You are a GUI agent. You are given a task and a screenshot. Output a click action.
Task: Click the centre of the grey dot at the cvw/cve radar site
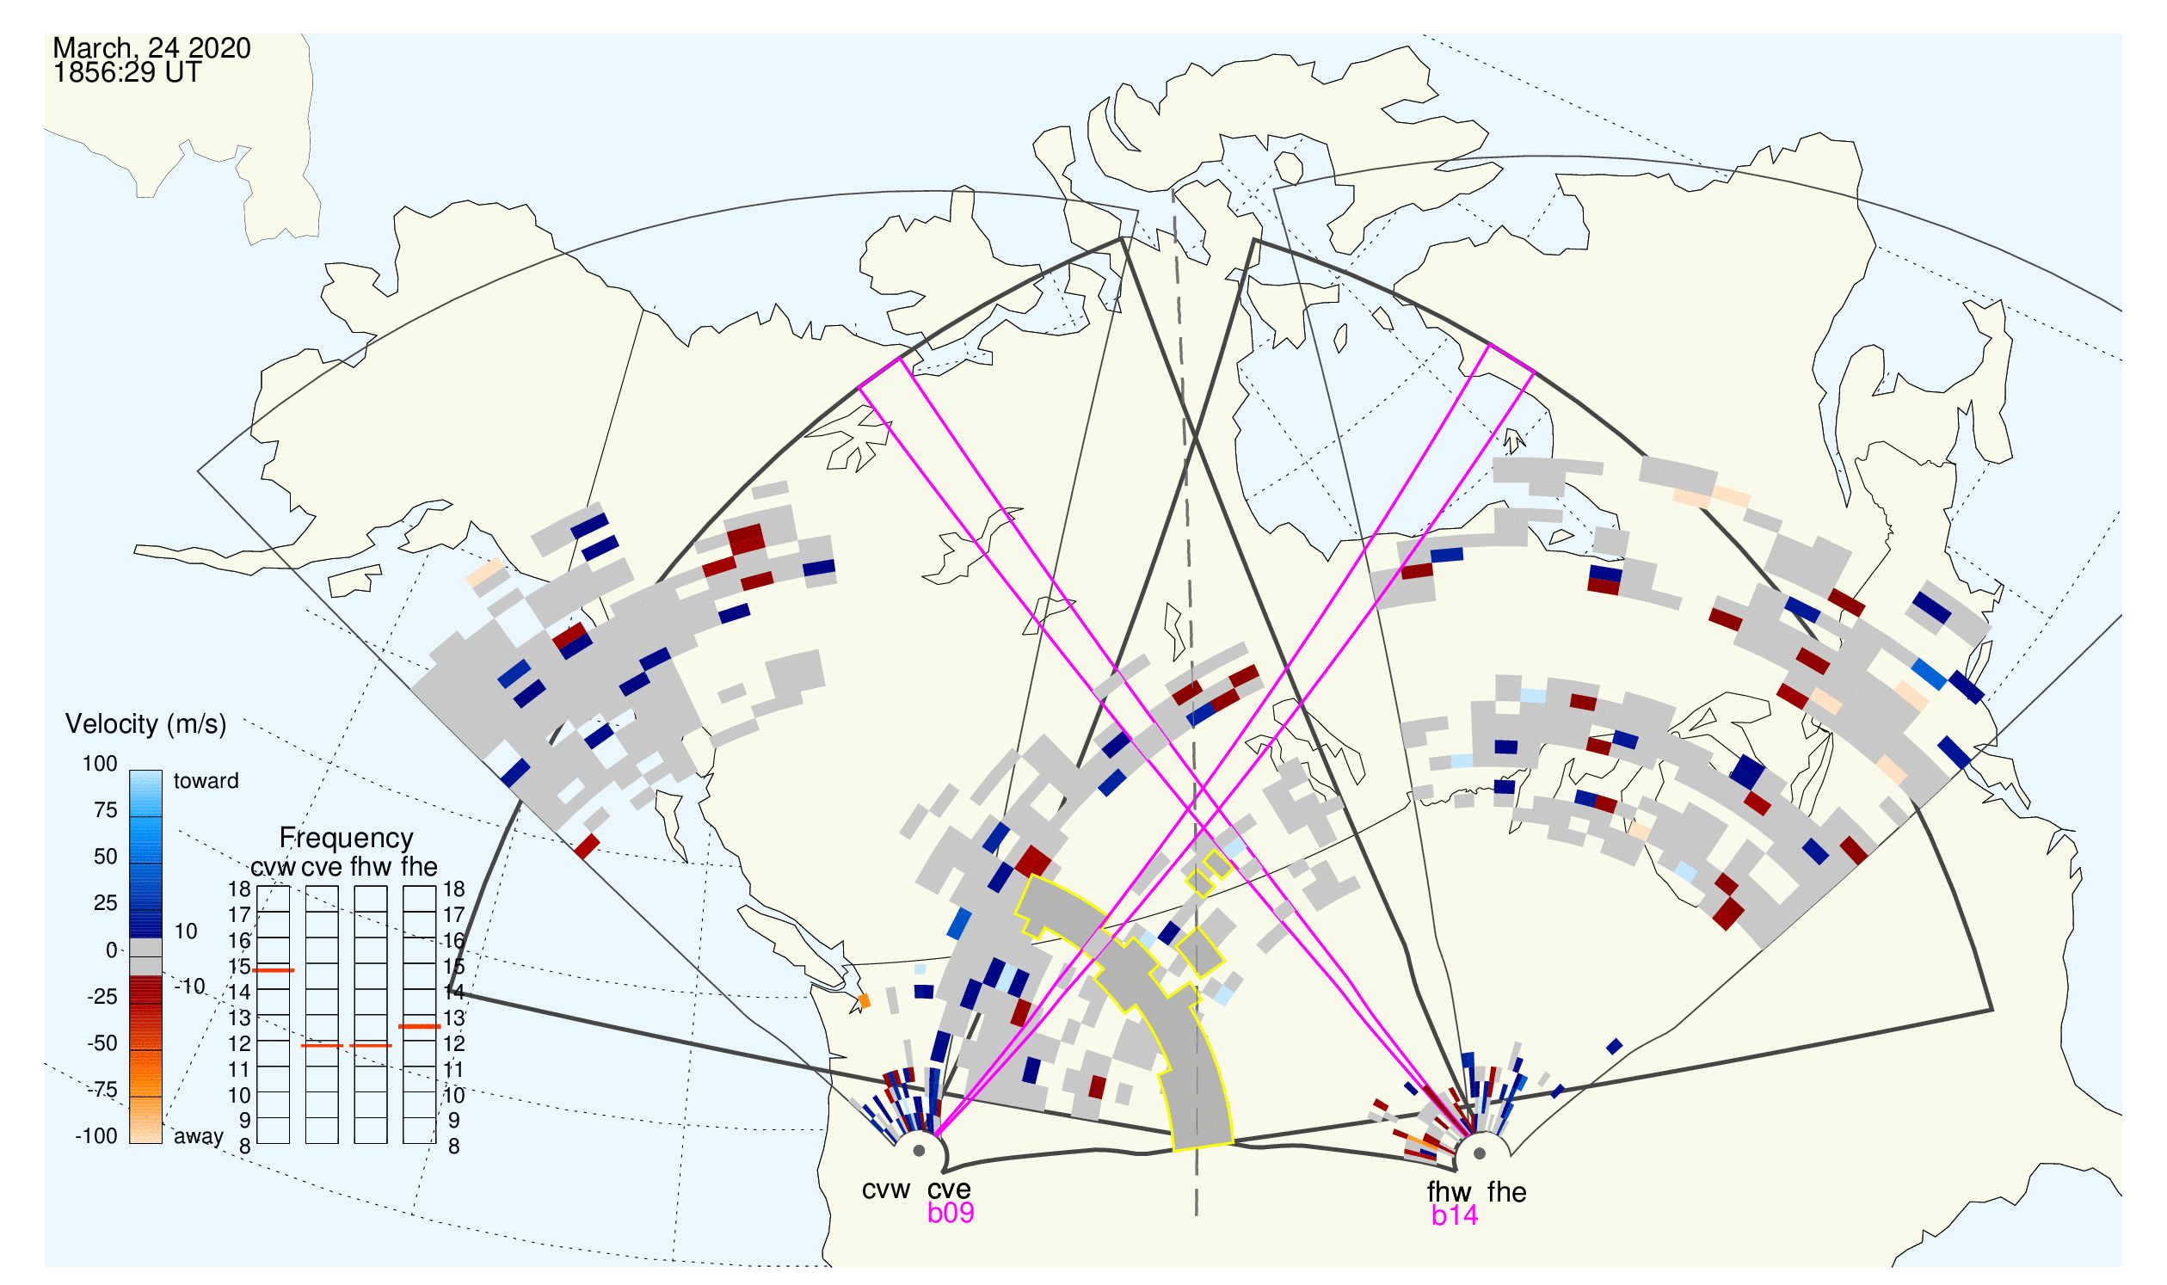(920, 1152)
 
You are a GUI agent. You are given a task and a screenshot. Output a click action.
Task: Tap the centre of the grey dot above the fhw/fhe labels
(1481, 1154)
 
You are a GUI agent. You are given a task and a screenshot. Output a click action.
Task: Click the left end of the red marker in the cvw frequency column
(253, 971)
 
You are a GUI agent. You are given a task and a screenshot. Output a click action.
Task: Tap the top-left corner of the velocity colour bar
(130, 771)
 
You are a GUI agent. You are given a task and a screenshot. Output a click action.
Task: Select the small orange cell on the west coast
(864, 1001)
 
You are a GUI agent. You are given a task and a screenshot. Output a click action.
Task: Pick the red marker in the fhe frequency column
(420, 1027)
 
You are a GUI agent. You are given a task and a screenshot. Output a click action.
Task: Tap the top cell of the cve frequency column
(323, 899)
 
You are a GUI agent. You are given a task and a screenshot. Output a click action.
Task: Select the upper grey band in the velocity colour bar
(145, 948)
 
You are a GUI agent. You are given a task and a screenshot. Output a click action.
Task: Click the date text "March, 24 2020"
(151, 47)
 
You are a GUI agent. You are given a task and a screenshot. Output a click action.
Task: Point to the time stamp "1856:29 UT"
(127, 73)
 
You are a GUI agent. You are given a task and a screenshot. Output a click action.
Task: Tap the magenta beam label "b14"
(1455, 1216)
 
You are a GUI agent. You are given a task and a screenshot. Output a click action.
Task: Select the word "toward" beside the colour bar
(206, 781)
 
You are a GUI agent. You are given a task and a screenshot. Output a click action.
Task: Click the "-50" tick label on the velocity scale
(102, 1043)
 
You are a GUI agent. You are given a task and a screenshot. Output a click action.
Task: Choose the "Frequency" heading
(347, 839)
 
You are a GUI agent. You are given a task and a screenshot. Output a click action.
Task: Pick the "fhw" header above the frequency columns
(371, 867)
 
